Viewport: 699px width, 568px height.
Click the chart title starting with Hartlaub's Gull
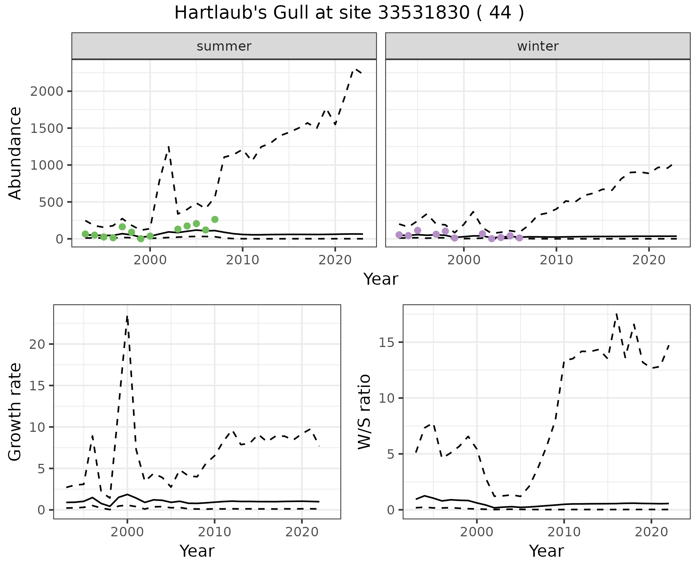click(x=349, y=13)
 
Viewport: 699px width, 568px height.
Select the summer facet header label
click(x=224, y=46)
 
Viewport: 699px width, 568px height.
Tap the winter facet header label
click(x=538, y=46)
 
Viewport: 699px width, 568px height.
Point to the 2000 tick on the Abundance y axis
click(x=47, y=91)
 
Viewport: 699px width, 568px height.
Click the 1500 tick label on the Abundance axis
click(x=47, y=128)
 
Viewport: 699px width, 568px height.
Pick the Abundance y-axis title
click(x=15, y=153)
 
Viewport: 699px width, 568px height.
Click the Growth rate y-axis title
click(x=15, y=411)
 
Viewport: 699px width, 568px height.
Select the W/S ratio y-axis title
click(x=364, y=411)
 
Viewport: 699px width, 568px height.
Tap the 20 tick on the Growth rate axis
click(x=36, y=344)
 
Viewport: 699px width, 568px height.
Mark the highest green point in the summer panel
click(x=215, y=219)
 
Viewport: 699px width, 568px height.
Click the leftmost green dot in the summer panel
click(x=85, y=234)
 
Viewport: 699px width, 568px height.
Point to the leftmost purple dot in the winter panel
click(x=399, y=235)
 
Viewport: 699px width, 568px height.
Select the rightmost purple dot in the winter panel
click(x=520, y=238)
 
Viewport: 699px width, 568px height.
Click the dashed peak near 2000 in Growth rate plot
click(x=127, y=316)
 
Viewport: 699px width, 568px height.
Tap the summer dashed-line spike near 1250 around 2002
click(x=169, y=147)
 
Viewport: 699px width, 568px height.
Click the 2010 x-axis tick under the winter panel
click(x=556, y=260)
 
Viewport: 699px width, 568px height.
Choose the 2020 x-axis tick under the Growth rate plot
click(x=302, y=532)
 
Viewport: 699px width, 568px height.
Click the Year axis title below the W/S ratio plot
click(x=546, y=551)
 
